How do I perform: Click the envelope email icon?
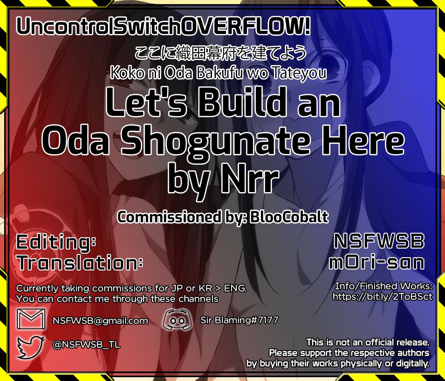point(31,319)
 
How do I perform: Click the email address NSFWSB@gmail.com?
point(100,321)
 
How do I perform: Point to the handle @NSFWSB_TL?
point(86,345)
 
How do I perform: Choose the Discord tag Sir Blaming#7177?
point(239,320)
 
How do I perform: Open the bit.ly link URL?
point(382,297)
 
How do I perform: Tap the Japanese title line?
point(220,53)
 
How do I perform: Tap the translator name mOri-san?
point(377,263)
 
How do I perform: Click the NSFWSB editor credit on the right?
point(379,241)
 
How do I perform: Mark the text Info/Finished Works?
point(383,286)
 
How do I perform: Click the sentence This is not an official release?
point(368,342)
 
